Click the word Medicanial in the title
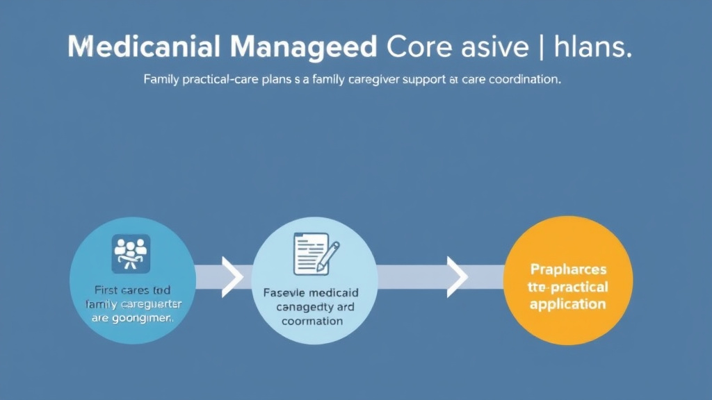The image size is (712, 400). point(144,47)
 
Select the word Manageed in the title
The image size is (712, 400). point(303,47)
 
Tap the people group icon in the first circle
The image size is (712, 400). point(131,253)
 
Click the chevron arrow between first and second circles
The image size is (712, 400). point(231,276)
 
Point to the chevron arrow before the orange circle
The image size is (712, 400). point(457,276)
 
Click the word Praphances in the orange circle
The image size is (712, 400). point(568,269)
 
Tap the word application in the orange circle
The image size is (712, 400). point(567,304)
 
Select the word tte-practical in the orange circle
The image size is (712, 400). point(568,287)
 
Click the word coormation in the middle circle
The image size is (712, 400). point(312,321)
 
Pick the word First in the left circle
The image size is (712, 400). point(107,290)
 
